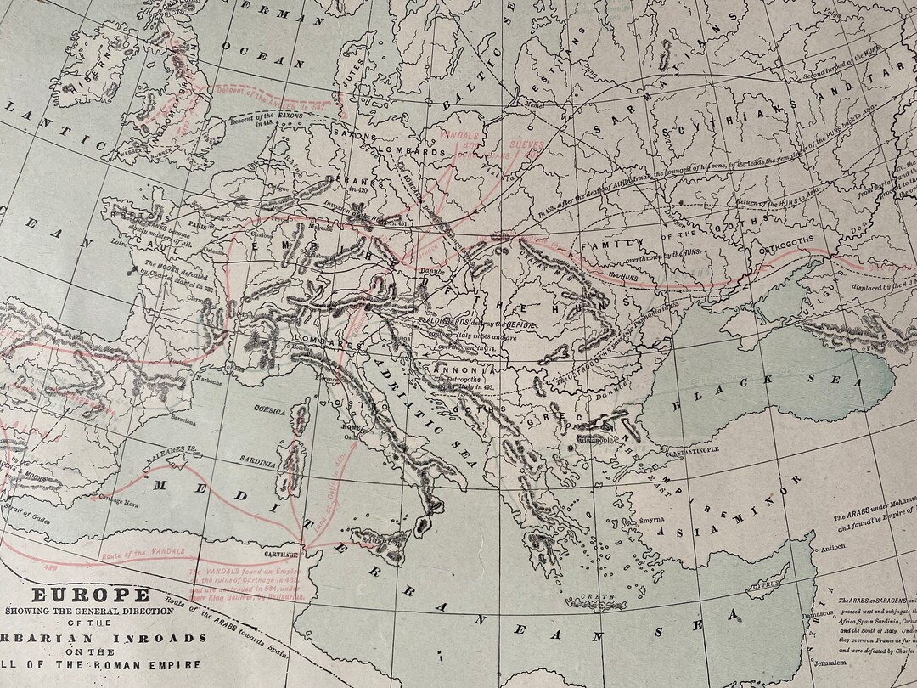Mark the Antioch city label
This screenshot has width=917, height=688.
(x=835, y=548)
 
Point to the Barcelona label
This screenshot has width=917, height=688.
(x=188, y=419)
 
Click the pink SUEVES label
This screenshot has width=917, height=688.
(x=527, y=145)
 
